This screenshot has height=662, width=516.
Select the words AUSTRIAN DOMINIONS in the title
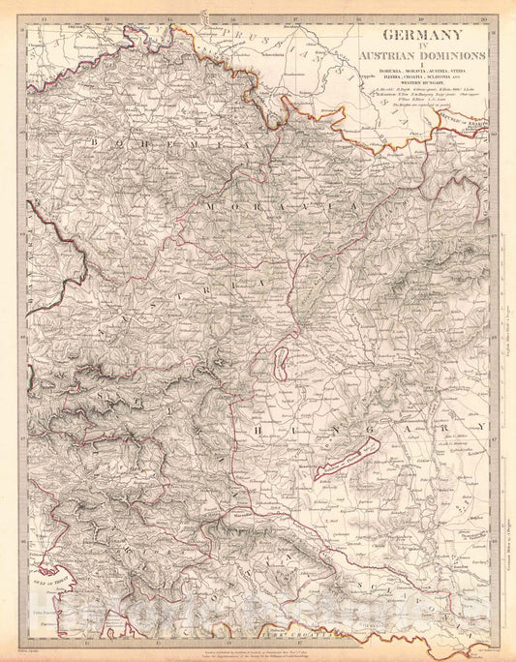[425, 59]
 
